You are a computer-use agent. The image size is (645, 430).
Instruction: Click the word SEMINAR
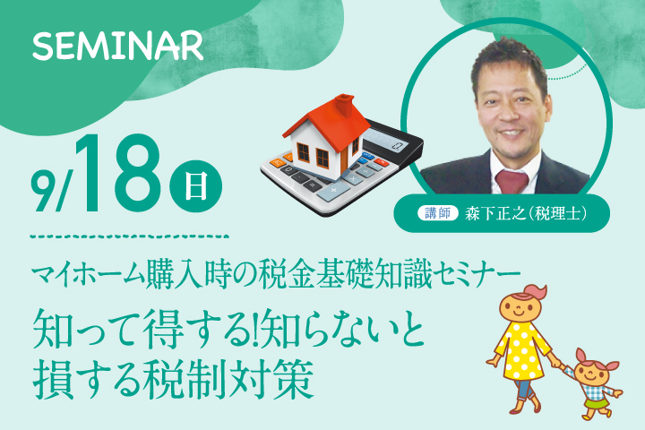point(117,46)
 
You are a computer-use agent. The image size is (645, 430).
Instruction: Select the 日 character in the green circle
point(196,186)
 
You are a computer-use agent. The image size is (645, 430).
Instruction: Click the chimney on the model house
point(345,104)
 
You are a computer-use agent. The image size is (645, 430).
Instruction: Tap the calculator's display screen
point(386,140)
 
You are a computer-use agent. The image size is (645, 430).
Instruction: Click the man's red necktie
point(512,181)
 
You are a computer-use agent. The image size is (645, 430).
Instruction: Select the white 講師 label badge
point(438,213)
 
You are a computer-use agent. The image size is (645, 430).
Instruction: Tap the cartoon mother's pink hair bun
point(536,292)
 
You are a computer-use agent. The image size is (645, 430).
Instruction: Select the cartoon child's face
point(592,374)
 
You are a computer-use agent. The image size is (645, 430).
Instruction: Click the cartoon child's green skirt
point(596,403)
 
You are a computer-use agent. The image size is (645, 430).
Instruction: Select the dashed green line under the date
point(129,236)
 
